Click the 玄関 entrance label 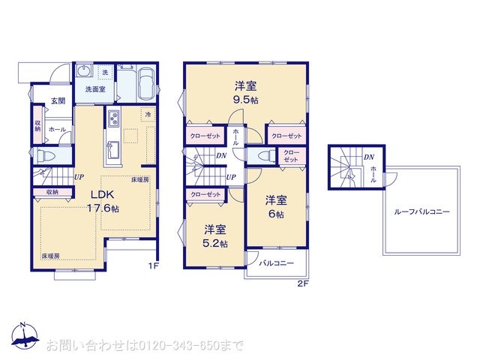58,100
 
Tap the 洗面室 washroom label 94,89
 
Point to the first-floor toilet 45,155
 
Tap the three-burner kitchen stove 114,118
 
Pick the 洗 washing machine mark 104,72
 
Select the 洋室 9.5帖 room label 246,91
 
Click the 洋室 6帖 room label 276,206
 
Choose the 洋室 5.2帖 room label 215,235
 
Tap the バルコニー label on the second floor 276,264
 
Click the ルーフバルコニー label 421,212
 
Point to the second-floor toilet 265,155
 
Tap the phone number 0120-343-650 175,346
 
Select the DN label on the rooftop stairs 368,157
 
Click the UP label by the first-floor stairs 79,177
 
